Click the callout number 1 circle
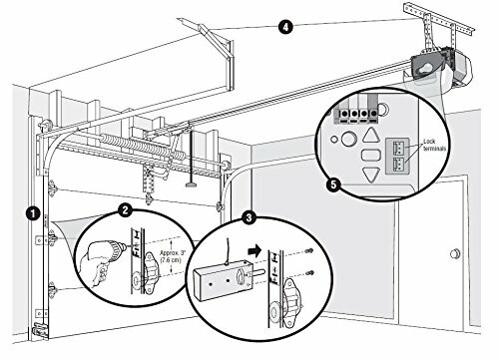coord(33,212)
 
